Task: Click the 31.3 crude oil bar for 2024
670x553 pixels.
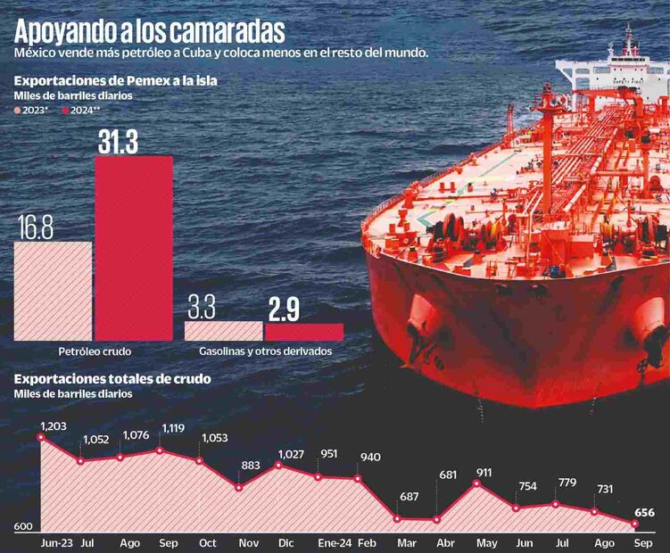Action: [x=134, y=248]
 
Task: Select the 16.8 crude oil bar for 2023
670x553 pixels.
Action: [x=53, y=291]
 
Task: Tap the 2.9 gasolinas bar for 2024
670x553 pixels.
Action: [x=304, y=332]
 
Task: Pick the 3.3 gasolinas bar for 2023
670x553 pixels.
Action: [x=223, y=331]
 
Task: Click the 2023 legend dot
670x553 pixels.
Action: [x=18, y=111]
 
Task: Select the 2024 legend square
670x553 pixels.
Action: [x=65, y=111]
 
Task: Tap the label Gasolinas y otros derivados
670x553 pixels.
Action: [x=265, y=351]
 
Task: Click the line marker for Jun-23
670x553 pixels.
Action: [x=41, y=437]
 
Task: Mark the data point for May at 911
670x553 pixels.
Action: [x=476, y=483]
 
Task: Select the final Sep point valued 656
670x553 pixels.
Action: [x=633, y=524]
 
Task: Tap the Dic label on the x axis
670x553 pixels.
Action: [x=285, y=542]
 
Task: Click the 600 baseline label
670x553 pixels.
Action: [x=23, y=526]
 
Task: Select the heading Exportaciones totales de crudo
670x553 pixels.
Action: [x=112, y=379]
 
